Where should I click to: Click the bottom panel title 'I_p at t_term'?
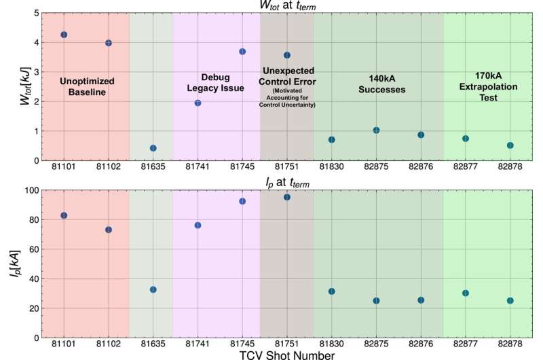288,181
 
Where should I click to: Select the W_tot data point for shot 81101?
64,35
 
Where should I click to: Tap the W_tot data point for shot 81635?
153,148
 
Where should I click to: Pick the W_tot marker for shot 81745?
242,52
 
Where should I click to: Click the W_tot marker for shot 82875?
376,130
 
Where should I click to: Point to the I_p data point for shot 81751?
287,197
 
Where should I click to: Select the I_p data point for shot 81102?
109,230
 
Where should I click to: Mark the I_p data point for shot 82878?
510,300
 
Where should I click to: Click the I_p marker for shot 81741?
198,226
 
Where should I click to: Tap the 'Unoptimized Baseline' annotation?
87,86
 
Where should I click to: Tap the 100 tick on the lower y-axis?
29,190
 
